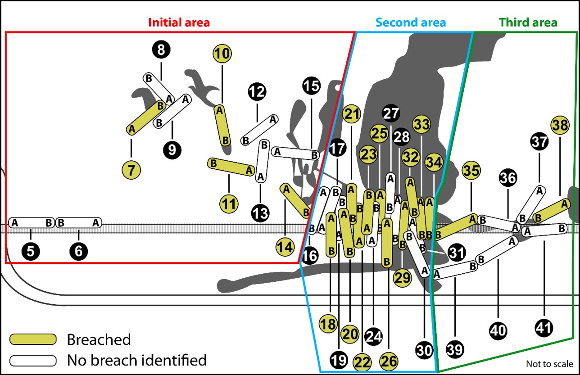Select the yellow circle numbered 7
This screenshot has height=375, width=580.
coord(131,170)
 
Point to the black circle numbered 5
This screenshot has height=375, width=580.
coord(30,252)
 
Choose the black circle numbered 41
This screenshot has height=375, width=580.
coord(544,327)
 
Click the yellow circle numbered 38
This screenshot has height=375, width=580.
coord(560,126)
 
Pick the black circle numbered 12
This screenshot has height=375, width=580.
coord(257,92)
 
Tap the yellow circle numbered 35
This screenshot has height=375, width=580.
coord(471,171)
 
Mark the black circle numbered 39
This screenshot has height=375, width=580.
coord(455,349)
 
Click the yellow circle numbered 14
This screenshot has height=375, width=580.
coord(285,247)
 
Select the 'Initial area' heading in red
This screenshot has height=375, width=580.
coord(179,22)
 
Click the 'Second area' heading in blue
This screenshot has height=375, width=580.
coord(411,22)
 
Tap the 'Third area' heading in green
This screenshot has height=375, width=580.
coord(528,22)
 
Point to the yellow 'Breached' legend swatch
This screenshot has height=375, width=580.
coord(33,339)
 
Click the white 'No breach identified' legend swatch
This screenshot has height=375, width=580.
coord(33,360)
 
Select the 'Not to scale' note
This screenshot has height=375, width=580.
coord(549,364)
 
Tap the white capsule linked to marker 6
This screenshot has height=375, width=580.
coord(78,222)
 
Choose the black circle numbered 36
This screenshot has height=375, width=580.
coord(508,179)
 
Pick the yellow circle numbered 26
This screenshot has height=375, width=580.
coord(389,361)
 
